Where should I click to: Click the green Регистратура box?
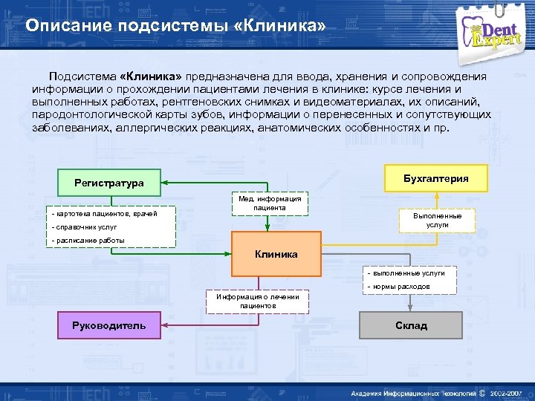coord(109,183)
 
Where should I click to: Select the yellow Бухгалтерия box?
coord(435,178)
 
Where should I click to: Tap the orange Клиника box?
coord(276,254)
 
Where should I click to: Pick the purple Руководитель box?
coord(109,325)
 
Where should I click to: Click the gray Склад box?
coord(411,325)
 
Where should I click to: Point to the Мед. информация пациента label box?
coord(270,203)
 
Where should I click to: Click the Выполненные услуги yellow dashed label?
coord(438,219)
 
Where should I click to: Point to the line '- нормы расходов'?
coord(398,286)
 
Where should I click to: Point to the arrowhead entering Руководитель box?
coord(165,325)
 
